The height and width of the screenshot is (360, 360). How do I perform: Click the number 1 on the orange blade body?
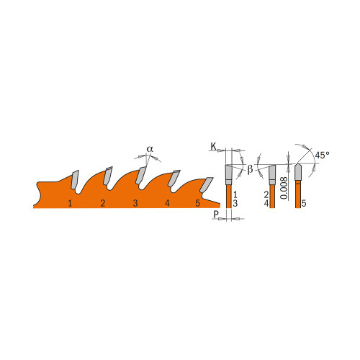[x=70, y=204]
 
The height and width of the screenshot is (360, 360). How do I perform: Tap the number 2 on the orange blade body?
[x=103, y=204]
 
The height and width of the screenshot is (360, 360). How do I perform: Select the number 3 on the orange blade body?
[x=135, y=204]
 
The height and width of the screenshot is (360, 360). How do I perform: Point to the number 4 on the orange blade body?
[x=167, y=204]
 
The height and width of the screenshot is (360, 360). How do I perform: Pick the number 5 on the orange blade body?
[x=198, y=204]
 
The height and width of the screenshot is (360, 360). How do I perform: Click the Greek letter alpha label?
[x=150, y=149]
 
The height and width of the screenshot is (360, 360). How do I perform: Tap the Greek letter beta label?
[x=250, y=170]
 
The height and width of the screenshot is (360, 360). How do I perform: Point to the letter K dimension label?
[x=214, y=147]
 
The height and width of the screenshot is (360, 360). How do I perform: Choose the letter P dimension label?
[x=215, y=215]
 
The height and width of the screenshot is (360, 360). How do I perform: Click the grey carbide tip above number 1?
[x=74, y=178]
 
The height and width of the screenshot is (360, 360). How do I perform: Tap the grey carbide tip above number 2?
[x=107, y=176]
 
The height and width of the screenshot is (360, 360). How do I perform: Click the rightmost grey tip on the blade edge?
[x=207, y=184]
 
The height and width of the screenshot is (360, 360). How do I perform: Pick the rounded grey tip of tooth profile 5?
[x=298, y=173]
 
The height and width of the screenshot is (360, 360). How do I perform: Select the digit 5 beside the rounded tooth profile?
[x=305, y=204]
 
